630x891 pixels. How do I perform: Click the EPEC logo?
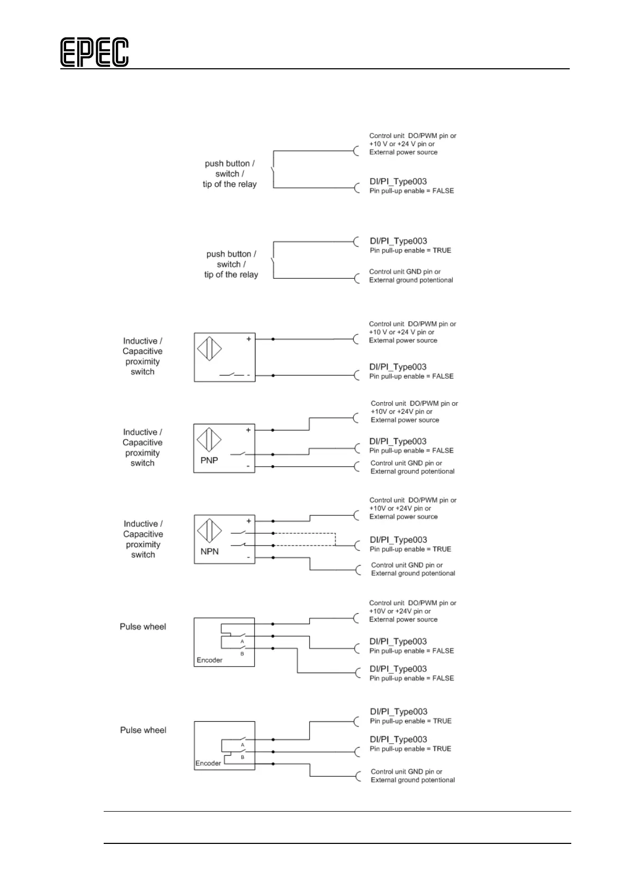pyautogui.click(x=94, y=52)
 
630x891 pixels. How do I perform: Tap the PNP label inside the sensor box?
pyautogui.click(x=209, y=460)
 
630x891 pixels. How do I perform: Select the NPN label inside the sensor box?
pyautogui.click(x=209, y=551)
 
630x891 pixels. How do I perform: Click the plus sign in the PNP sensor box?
pyautogui.click(x=248, y=430)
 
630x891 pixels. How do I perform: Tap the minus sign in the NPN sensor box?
pyautogui.click(x=248, y=558)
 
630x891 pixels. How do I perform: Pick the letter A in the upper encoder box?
pyautogui.click(x=242, y=641)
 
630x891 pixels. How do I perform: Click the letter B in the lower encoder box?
pyautogui.click(x=242, y=757)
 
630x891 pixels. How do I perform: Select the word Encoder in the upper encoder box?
pyautogui.click(x=209, y=660)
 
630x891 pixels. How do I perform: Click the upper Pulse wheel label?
pyautogui.click(x=143, y=626)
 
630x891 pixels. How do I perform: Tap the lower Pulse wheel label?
pyautogui.click(x=143, y=730)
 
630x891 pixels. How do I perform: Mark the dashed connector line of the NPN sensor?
pyautogui.click(x=304, y=533)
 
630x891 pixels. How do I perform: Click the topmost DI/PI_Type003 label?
pyautogui.click(x=398, y=181)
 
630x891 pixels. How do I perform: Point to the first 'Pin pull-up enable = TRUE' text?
pyautogui.click(x=410, y=250)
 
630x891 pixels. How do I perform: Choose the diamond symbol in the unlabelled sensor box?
pyautogui.click(x=209, y=349)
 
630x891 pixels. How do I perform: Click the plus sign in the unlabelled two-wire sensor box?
pyautogui.click(x=249, y=339)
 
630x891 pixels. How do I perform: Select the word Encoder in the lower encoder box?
pyautogui.click(x=208, y=763)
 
